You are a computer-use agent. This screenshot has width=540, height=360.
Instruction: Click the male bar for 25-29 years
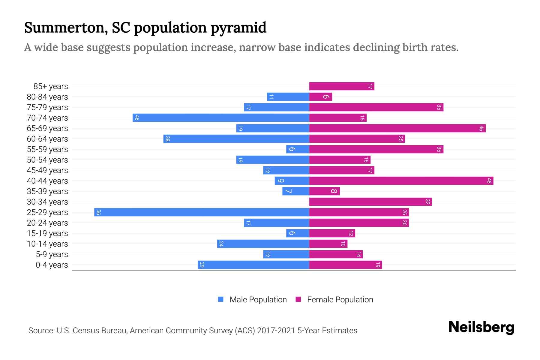point(202,212)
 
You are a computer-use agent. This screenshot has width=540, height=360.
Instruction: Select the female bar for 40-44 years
point(401,181)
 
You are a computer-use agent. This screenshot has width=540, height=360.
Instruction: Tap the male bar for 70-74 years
point(221,118)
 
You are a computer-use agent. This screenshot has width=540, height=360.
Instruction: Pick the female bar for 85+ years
point(342,86)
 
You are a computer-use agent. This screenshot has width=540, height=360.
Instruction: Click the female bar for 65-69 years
point(397,128)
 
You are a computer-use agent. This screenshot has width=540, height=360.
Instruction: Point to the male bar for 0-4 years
point(253,265)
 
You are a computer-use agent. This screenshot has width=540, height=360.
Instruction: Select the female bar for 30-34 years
point(370,202)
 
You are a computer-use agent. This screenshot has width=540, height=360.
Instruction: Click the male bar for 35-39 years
point(295,191)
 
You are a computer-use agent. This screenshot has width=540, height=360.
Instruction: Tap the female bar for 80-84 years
point(321,97)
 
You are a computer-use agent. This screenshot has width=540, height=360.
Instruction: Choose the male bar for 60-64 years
point(236,139)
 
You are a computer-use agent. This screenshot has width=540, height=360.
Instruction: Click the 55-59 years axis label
point(47,149)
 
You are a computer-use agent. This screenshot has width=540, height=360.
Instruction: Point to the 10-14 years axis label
point(47,244)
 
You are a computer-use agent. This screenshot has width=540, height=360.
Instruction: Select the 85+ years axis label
point(51,86)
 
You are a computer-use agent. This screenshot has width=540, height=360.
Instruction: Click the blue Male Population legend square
point(221,299)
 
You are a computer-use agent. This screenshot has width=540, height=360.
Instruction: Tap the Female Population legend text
point(340,300)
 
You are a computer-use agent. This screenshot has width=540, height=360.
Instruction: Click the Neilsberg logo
point(481,328)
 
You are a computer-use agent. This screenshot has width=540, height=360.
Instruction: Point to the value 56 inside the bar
point(98,212)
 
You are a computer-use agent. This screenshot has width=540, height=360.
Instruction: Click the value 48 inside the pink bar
point(489,181)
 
